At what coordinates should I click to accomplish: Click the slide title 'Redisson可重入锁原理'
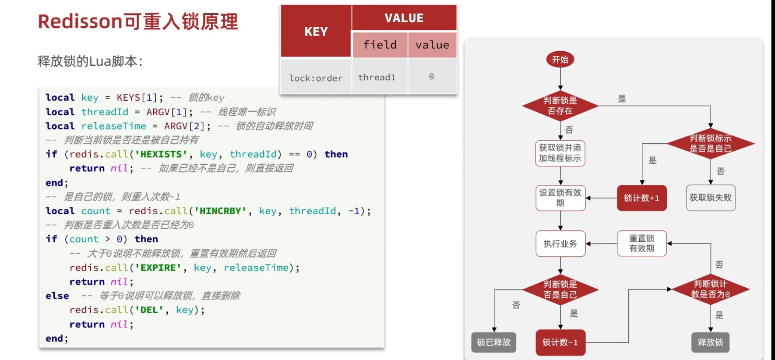138,21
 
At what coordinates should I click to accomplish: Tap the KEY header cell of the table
316,32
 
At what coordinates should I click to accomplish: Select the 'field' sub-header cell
380,45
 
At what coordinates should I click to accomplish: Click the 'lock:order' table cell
316,78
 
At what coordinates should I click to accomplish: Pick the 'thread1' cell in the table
377,77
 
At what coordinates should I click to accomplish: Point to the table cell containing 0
431,77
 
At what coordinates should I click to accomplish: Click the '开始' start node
560,60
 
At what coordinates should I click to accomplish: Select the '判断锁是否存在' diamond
560,106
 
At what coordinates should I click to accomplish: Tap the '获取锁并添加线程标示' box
560,153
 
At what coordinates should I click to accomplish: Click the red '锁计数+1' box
641,198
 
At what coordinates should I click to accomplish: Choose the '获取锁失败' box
710,198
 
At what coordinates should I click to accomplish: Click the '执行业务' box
560,244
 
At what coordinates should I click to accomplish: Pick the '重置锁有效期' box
641,244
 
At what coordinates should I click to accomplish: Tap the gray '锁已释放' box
493,342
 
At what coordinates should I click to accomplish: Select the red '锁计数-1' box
560,342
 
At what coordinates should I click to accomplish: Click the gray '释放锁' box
710,342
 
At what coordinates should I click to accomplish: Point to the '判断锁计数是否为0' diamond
710,289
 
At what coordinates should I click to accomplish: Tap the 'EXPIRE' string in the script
158,268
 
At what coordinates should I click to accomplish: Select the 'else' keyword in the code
57,296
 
